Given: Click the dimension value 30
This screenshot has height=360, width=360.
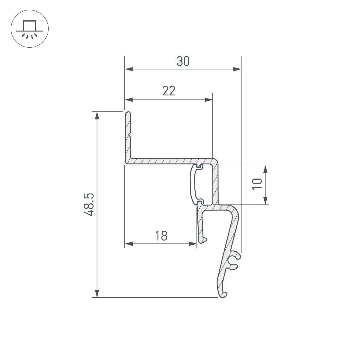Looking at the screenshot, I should [x=183, y=61].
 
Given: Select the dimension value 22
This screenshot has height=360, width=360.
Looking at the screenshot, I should [x=169, y=91].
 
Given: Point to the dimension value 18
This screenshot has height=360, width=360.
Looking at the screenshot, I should [x=161, y=236].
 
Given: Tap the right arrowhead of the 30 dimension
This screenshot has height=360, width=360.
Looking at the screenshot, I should [x=237, y=70].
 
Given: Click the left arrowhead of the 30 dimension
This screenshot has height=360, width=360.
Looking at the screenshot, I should [x=129, y=70].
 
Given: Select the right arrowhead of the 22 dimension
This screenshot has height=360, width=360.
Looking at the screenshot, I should [x=208, y=100].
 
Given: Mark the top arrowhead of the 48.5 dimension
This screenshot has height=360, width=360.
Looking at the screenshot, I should [x=97, y=115].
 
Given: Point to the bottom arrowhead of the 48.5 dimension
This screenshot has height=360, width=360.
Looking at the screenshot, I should [x=97, y=293].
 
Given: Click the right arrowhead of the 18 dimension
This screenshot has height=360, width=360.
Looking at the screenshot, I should [x=193, y=244].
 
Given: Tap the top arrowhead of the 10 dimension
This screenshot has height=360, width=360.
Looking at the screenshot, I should [x=265, y=169].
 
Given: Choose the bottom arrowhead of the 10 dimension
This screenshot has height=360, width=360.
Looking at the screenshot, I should [x=265, y=200].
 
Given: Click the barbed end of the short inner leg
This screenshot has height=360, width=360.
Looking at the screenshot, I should [x=203, y=240].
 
